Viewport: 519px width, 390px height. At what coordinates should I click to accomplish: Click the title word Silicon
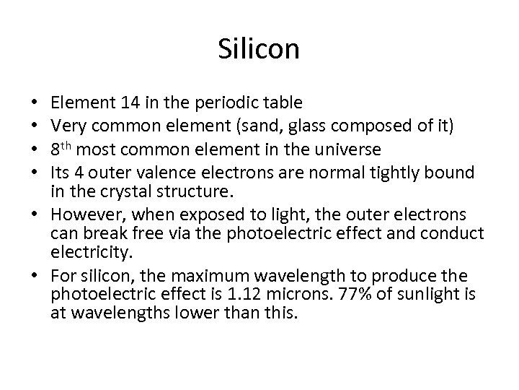click(258, 50)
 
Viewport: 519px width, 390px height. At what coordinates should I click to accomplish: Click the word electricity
click(83, 253)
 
